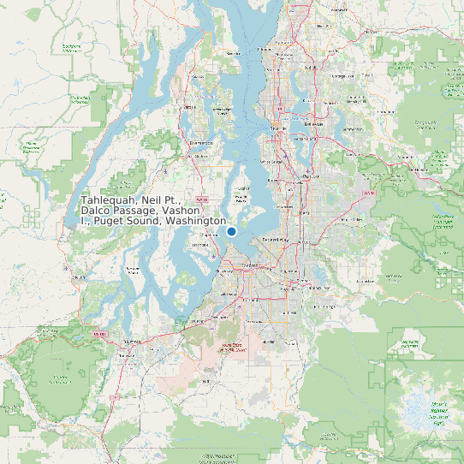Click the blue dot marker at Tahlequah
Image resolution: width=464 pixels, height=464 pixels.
[231, 231]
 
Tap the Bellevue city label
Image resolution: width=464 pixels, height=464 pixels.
[314, 123]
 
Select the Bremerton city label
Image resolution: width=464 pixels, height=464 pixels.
[200, 142]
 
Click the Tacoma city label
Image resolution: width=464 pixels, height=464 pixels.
[250, 266]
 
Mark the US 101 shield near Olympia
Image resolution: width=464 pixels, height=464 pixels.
[100, 333]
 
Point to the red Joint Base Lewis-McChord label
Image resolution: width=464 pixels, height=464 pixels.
[232, 347]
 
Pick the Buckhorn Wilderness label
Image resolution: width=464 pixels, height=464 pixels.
[71, 47]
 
